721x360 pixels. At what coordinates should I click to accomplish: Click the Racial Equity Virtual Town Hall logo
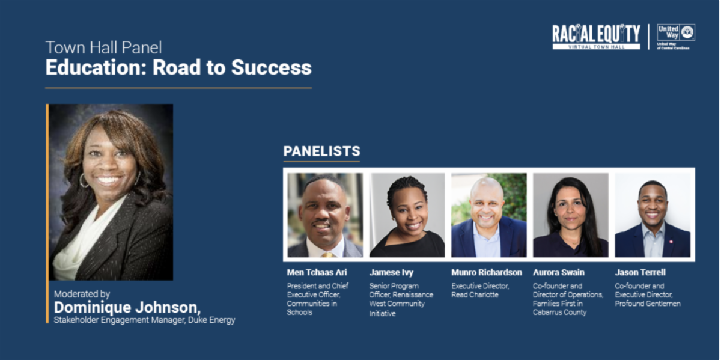click(x=596, y=37)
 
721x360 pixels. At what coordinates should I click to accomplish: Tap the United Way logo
click(x=675, y=37)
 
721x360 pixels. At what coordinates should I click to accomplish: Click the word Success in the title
click(x=272, y=67)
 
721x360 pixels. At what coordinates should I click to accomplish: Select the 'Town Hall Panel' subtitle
click(x=103, y=47)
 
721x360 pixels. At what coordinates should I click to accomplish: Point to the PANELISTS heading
click(x=322, y=151)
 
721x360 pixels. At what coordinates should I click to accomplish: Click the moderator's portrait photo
click(x=111, y=192)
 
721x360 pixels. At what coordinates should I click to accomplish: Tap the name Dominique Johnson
click(x=127, y=308)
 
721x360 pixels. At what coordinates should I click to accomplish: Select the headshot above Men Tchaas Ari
click(x=325, y=215)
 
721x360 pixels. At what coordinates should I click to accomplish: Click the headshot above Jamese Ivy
click(x=407, y=215)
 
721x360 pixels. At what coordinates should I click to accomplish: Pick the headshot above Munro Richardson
click(x=489, y=215)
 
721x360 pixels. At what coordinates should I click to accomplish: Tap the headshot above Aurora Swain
click(x=571, y=215)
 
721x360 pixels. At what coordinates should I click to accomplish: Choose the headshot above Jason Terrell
click(x=653, y=215)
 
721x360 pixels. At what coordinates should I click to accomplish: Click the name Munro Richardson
click(x=487, y=272)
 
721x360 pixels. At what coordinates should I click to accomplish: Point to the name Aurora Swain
click(x=559, y=272)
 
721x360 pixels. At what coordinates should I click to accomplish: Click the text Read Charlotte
click(x=475, y=294)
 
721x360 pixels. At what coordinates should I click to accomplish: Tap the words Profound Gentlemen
click(x=648, y=304)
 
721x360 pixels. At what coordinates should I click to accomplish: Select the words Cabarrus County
click(x=560, y=312)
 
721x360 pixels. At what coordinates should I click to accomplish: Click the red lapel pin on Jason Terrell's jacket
click(x=671, y=241)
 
